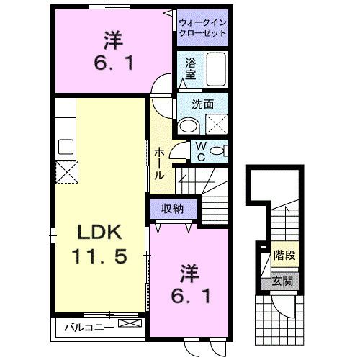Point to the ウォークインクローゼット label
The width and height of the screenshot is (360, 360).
(x=202, y=28)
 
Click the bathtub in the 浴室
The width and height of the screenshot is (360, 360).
(x=215, y=71)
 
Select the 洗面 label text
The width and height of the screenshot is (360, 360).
(x=202, y=104)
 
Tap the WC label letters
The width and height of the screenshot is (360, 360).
(x=202, y=150)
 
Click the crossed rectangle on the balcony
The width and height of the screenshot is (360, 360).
(x=129, y=325)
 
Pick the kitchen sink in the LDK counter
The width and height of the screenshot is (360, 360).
(x=66, y=148)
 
